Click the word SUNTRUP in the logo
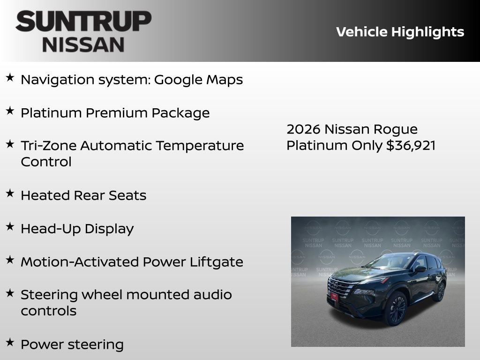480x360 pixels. click(x=83, y=21)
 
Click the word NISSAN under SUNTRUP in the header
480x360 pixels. click(x=83, y=45)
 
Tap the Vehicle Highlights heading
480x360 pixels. click(x=400, y=32)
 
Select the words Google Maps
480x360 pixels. click(x=198, y=80)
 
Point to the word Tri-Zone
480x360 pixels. click(x=48, y=146)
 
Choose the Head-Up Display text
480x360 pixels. click(x=77, y=229)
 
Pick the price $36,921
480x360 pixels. click(x=411, y=145)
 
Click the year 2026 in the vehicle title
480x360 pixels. click(x=303, y=129)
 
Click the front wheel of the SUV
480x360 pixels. click(x=397, y=308)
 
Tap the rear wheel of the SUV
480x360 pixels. click(x=440, y=292)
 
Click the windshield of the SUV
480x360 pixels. click(x=389, y=262)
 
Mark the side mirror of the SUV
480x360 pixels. click(x=420, y=269)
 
